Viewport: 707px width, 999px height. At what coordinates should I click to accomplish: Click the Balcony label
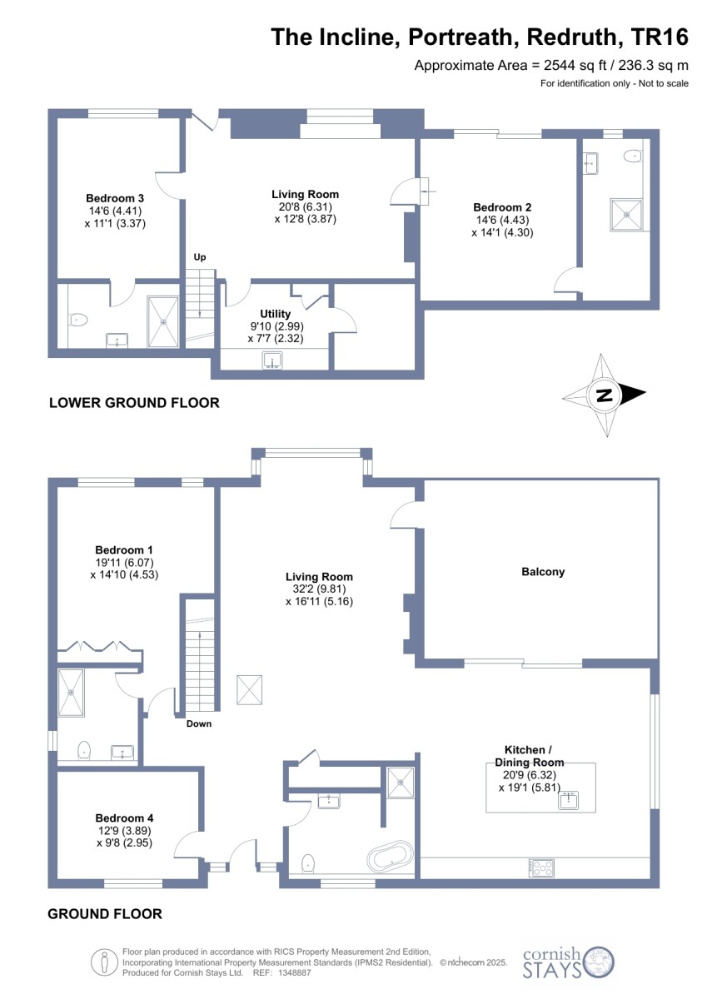543,572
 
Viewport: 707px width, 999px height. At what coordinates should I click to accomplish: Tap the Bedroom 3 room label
115,198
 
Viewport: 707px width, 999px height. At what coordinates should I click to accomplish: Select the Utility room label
275,314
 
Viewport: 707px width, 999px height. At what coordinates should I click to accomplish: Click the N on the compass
605,395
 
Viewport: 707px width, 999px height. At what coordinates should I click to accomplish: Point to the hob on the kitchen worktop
541,867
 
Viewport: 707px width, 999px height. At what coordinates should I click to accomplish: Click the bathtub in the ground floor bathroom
390,857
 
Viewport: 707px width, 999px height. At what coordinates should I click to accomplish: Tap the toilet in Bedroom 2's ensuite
633,156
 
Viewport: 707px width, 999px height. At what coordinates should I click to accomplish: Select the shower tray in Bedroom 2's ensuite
626,215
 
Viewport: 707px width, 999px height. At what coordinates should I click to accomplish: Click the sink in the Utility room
271,360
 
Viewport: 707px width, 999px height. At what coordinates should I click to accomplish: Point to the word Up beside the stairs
199,257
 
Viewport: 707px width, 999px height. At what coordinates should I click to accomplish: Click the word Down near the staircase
199,723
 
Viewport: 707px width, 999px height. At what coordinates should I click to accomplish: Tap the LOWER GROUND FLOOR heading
134,403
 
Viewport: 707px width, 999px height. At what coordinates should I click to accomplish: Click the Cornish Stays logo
568,962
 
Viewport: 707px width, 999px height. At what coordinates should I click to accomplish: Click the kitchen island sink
568,801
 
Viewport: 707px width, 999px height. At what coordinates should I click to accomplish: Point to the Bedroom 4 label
124,818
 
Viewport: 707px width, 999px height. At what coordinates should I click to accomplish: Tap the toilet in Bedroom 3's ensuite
78,320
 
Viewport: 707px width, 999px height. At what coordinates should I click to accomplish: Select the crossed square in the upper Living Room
249,690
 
